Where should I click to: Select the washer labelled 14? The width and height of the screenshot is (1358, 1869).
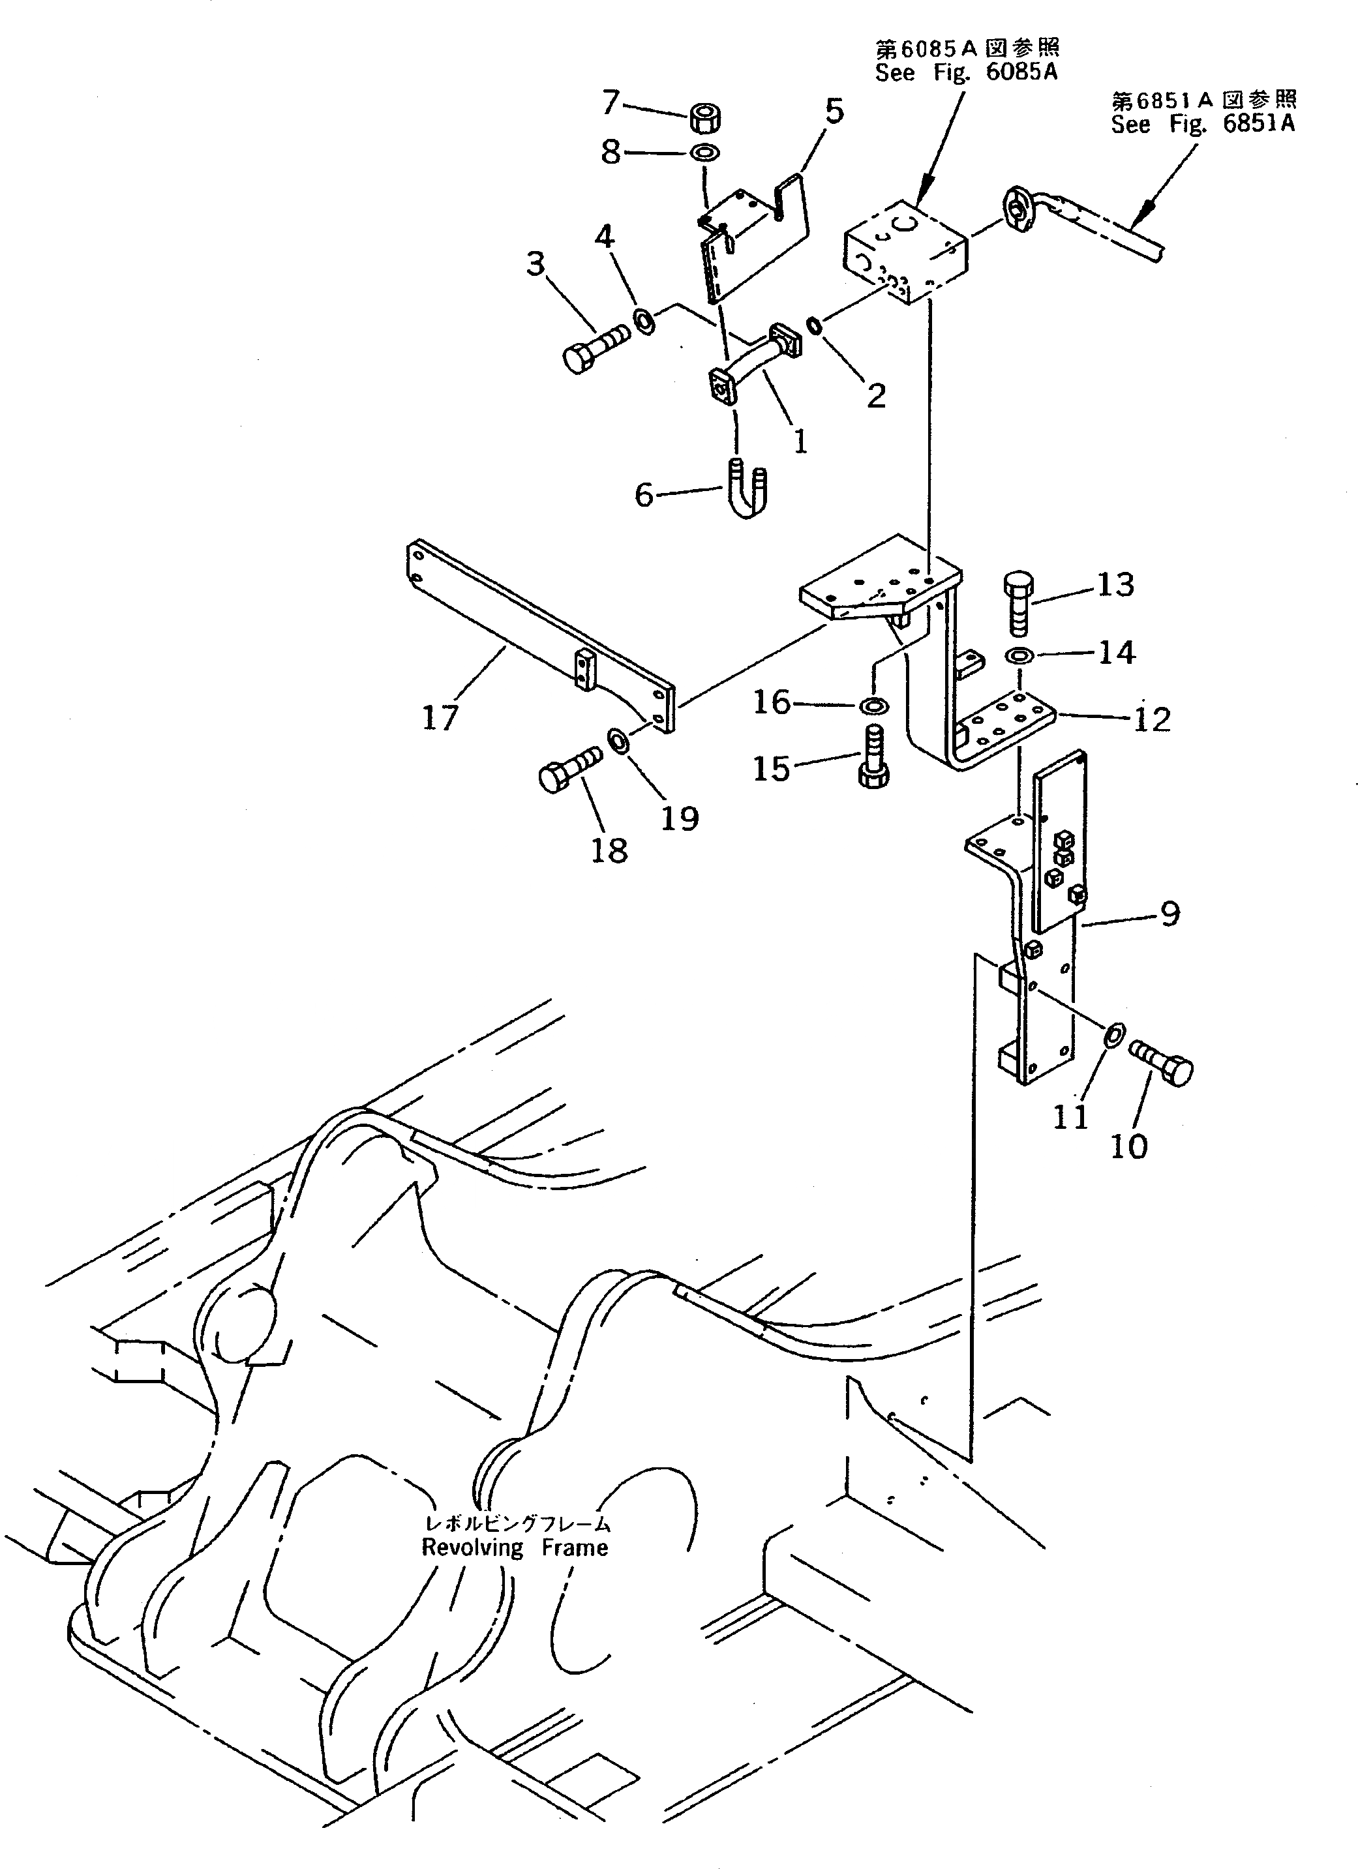coord(1020,656)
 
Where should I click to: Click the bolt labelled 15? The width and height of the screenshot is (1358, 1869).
coord(874,756)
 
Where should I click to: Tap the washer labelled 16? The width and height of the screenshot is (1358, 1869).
coord(873,706)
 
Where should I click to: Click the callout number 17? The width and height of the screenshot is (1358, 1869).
coord(440,718)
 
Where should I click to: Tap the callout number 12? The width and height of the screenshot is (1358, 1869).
coord(1152,719)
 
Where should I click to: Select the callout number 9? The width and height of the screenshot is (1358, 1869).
coord(1169,913)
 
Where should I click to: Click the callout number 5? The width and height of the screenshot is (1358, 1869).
coord(834,110)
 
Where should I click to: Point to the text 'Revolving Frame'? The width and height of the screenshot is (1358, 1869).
coord(515,1548)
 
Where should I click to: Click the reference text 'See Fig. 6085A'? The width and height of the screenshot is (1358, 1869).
coord(966,72)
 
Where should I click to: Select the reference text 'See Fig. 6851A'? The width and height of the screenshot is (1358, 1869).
coord(1202,124)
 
